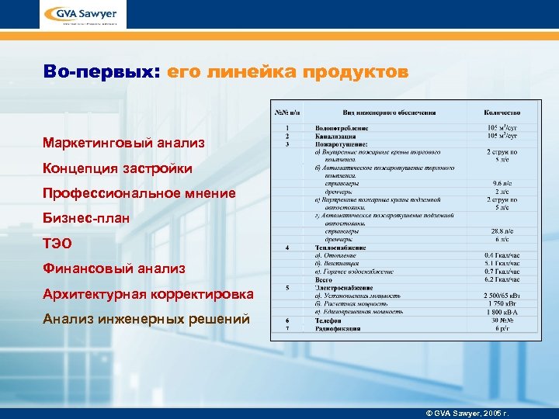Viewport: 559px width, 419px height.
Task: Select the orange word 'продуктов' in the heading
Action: tap(357, 72)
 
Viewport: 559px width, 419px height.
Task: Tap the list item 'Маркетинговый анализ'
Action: tap(124, 143)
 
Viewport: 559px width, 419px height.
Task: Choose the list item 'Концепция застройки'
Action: tap(117, 168)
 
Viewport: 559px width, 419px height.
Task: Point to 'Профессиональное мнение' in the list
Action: tap(139, 193)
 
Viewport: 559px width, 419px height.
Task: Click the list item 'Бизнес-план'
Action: tap(86, 218)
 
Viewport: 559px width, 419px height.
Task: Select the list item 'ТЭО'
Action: tap(57, 243)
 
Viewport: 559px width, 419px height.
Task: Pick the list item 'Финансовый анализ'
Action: tap(114, 268)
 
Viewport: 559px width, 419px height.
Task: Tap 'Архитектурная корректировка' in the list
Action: tap(148, 293)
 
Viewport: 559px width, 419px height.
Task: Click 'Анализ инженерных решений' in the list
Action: tap(147, 318)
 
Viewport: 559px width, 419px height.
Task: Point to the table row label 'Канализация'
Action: tap(335, 135)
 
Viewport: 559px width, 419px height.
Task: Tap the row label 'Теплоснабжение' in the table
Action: tap(339, 248)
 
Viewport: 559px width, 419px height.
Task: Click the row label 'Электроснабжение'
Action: tap(342, 287)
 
